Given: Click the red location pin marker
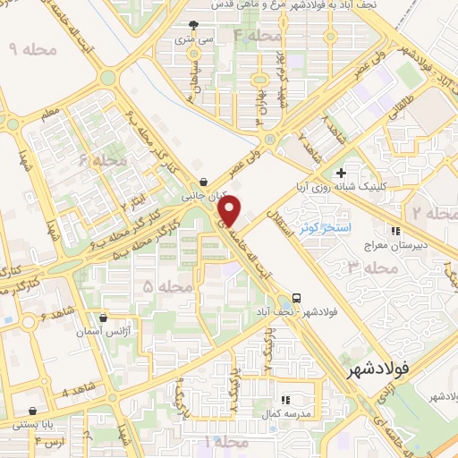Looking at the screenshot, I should point(231,211).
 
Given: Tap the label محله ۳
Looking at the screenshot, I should point(371,267).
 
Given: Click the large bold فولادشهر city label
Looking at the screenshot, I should point(379,367).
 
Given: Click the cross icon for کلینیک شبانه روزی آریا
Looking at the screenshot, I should point(340,173).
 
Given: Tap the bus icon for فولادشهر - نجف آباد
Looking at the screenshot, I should point(296,298).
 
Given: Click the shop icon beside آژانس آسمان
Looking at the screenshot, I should point(104,318).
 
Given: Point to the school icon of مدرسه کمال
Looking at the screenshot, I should point(284,399).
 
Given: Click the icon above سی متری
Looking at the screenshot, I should point(195,27).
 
